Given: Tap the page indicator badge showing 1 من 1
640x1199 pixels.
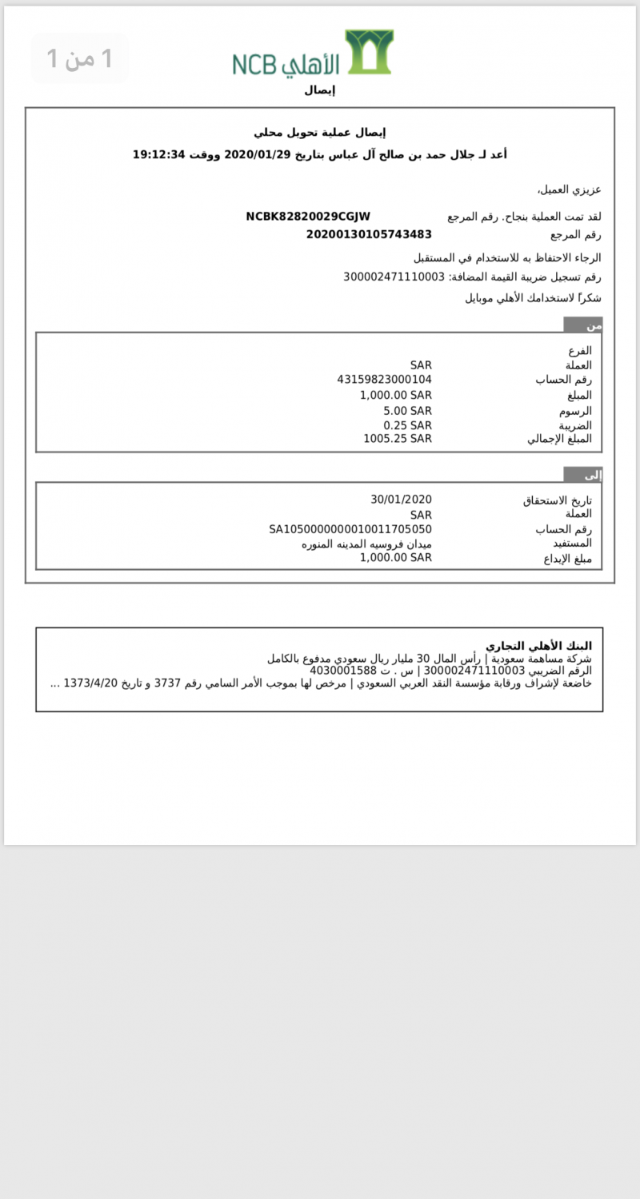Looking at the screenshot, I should (79, 58).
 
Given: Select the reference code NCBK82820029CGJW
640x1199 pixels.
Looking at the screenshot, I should (308, 217).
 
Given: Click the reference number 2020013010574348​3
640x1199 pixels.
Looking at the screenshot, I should (369, 234).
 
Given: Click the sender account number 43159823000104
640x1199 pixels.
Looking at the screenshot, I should (385, 380).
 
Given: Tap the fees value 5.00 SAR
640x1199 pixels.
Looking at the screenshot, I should (407, 410).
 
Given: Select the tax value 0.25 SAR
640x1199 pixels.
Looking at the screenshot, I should (407, 424).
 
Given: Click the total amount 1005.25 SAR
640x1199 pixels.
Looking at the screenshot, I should (398, 438).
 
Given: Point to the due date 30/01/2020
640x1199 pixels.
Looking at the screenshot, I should (401, 500).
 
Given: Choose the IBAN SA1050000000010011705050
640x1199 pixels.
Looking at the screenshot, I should (350, 529).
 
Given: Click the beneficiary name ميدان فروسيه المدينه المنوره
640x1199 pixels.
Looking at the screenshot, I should (366, 544).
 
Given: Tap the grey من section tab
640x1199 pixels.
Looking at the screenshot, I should (583, 325).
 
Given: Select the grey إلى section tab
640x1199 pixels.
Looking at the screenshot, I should (583, 476).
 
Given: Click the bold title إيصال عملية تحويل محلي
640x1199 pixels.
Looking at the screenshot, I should (320, 133).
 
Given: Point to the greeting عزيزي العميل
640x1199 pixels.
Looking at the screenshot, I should (569, 189).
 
